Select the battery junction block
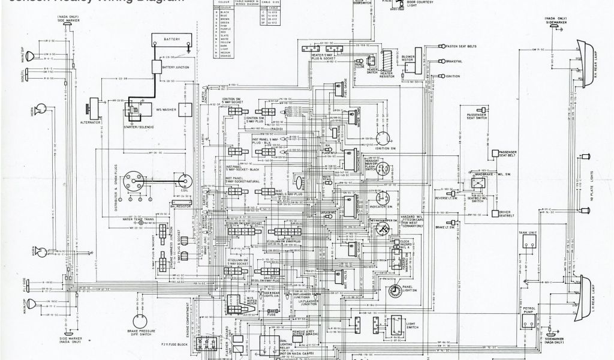(156, 67)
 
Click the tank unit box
(528, 241)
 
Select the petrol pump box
(528, 319)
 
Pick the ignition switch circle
(381, 139)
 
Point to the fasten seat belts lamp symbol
(441, 46)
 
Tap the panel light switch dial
(395, 292)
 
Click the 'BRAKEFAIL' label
(454, 61)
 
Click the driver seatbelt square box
(495, 213)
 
